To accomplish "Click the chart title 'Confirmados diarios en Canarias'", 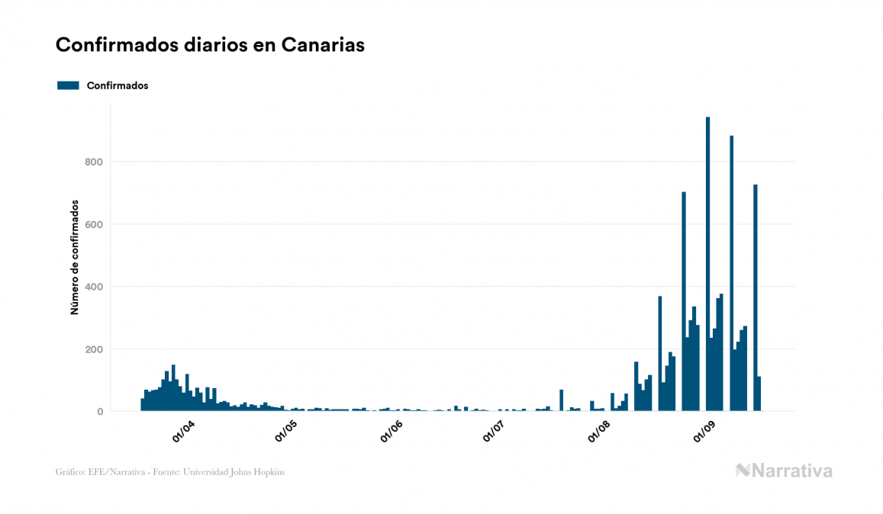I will coord(210,45).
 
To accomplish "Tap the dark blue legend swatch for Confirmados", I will coord(68,85).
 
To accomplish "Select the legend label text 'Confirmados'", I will coord(118,85).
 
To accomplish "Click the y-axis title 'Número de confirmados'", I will coord(75,257).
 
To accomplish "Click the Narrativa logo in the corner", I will coord(784,471).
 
